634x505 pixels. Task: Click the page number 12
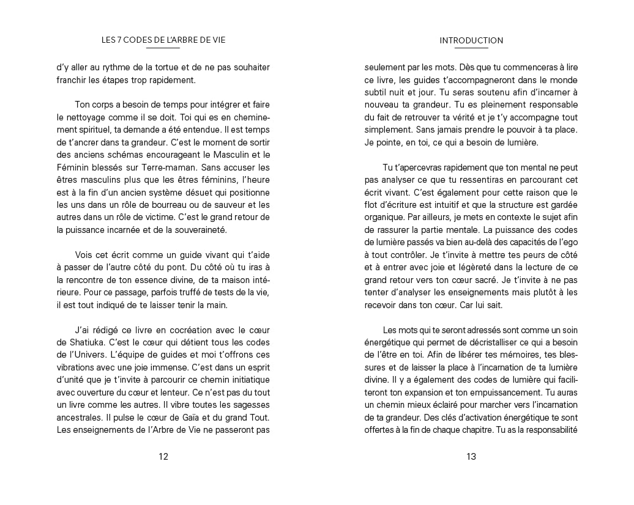pos(163,456)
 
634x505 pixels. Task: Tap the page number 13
pos(471,456)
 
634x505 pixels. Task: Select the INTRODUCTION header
pos(471,41)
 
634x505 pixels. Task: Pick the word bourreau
pos(162,205)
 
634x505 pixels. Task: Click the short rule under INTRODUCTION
pos(471,48)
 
